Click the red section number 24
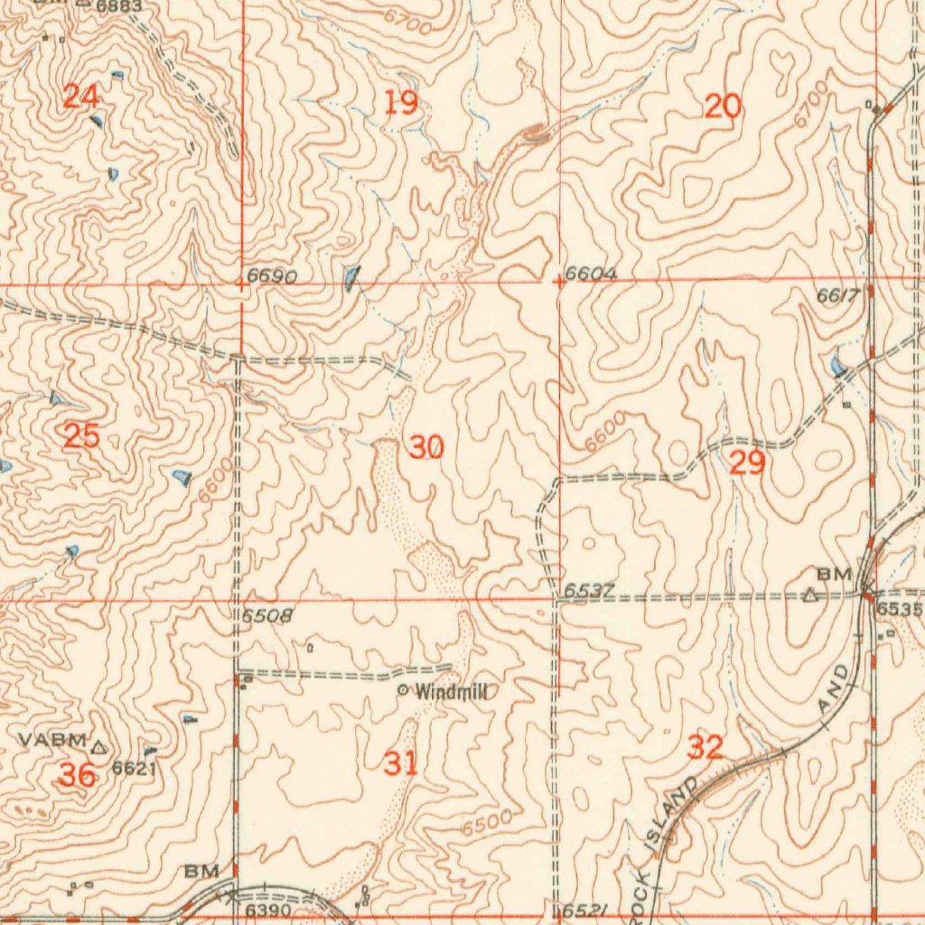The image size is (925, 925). coord(81,96)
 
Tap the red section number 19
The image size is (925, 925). coord(401,104)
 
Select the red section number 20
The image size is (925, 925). coord(723,107)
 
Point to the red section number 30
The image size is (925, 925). coord(426,446)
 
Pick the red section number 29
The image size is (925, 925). coord(747,463)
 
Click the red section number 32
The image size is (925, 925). coord(705,747)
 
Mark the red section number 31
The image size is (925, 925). coord(401,763)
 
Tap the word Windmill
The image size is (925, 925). coord(452,692)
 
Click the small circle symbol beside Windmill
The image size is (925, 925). coord(403,691)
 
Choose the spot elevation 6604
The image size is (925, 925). coord(591,274)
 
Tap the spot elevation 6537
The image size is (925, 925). coord(589,591)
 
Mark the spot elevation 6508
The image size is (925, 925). coord(267,616)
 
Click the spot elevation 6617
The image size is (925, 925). coord(836,295)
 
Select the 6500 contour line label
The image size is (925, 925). coord(486,823)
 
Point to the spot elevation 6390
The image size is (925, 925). coord(268,908)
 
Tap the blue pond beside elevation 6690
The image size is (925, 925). coord(350,276)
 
